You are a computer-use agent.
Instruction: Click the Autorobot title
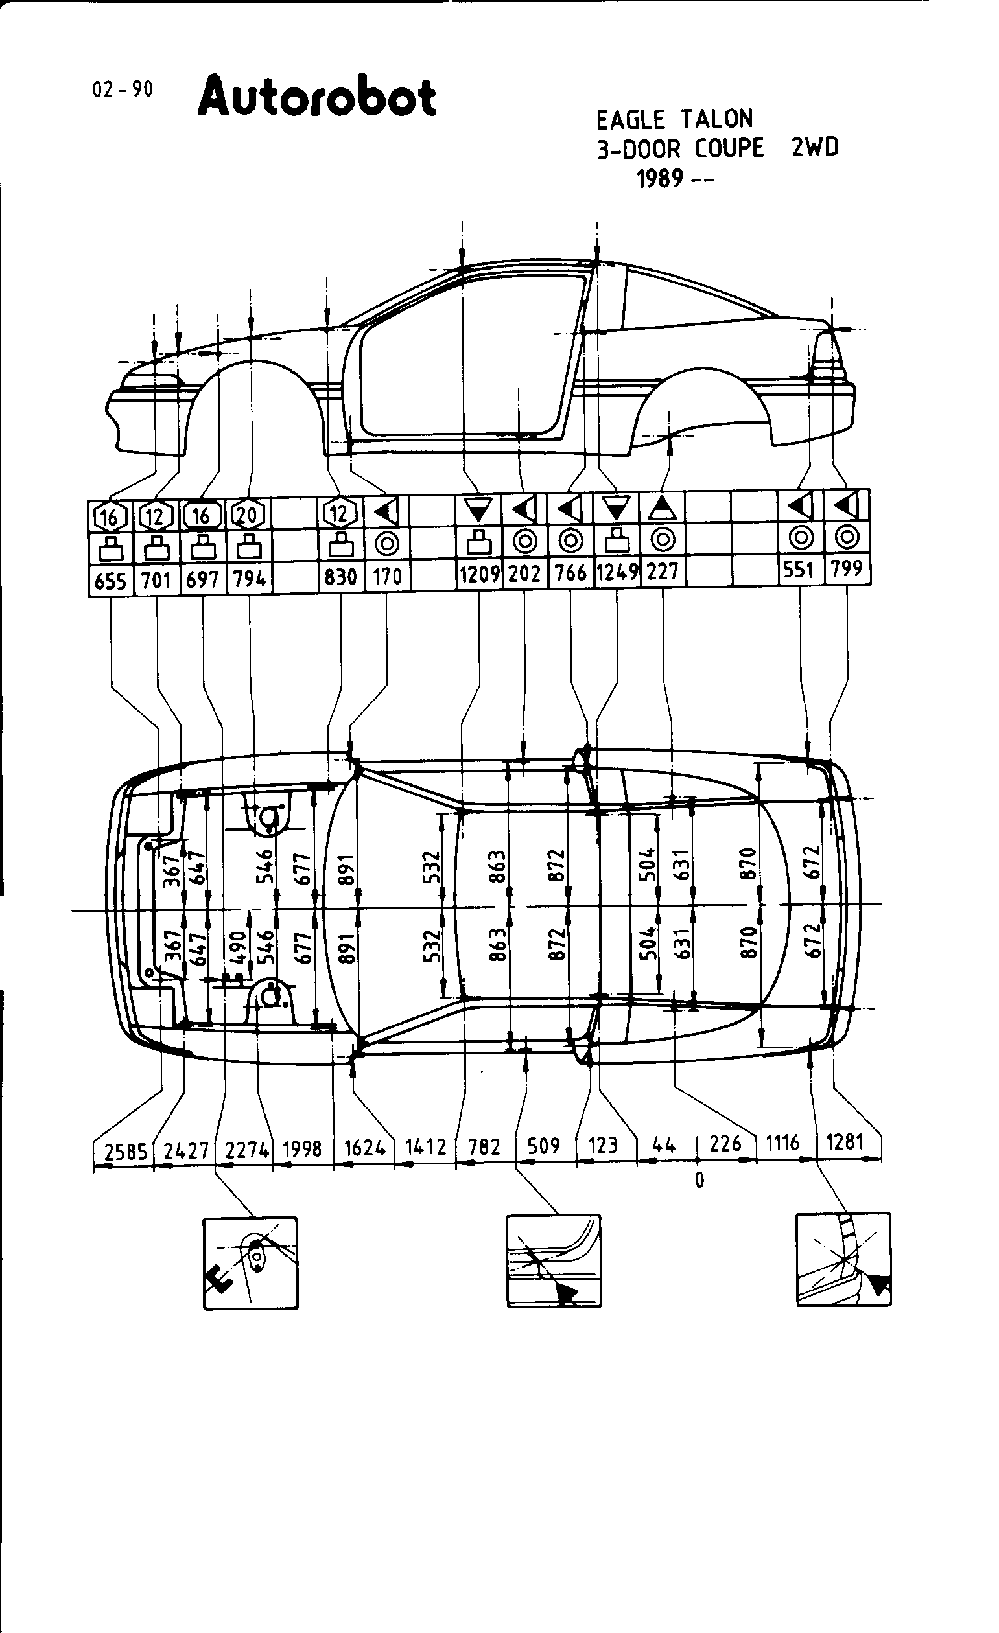coord(317,97)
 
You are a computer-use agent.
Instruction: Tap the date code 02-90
coord(122,89)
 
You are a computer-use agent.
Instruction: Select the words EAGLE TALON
coord(674,119)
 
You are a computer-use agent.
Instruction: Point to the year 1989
coord(659,179)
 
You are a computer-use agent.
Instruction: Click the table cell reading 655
coord(110,581)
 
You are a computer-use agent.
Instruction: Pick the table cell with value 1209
coord(478,573)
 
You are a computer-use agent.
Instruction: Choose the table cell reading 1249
coord(617,572)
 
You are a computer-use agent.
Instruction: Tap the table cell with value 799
coord(847,569)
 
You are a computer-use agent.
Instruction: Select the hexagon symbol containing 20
coord(248,514)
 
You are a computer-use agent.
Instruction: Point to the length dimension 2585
coord(125,1152)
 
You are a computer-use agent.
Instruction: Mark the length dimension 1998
coord(301,1148)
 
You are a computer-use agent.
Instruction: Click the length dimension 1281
coord(845,1142)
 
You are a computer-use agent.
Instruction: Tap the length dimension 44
coord(663,1144)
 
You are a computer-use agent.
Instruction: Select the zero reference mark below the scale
coord(699,1180)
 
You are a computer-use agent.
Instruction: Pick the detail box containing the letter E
coord(250,1263)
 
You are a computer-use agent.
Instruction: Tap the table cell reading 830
coord(340,577)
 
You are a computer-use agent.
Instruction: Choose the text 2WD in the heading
coord(814,147)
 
